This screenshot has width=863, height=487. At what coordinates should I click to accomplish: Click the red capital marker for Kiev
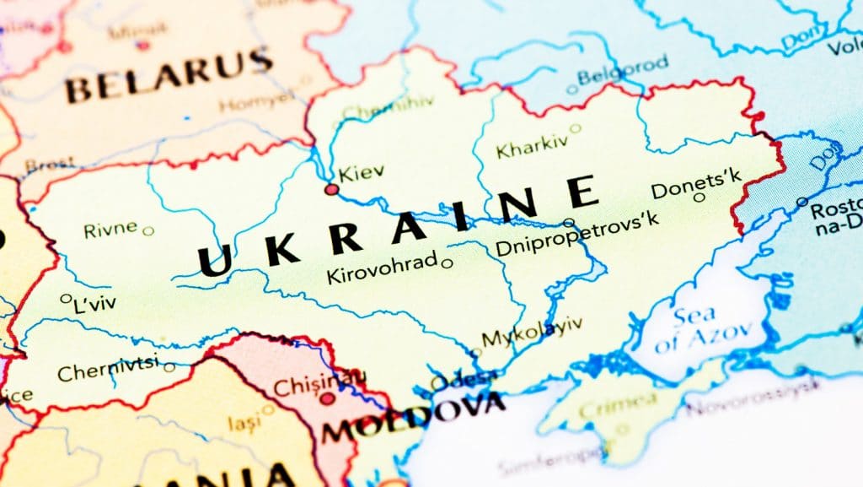(x=332, y=190)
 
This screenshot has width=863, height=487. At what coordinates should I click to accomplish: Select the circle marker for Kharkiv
(x=576, y=129)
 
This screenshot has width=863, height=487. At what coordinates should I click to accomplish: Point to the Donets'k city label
(x=696, y=183)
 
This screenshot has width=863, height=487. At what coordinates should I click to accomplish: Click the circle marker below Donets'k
(x=699, y=198)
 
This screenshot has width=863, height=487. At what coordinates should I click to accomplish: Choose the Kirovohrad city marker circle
(x=448, y=263)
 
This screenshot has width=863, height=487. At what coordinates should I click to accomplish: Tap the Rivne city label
(x=110, y=230)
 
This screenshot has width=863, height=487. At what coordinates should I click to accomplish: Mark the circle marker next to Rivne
(x=148, y=230)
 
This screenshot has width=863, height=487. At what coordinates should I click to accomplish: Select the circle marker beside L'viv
(x=66, y=298)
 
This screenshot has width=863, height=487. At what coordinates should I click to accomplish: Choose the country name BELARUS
(x=169, y=77)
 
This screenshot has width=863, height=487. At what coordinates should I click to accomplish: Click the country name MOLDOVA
(x=413, y=420)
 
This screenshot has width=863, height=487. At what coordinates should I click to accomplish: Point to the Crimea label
(x=624, y=403)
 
